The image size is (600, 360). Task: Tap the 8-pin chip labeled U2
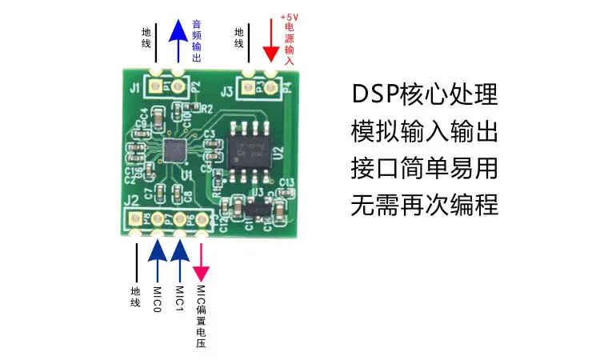pyautogui.click(x=248, y=146)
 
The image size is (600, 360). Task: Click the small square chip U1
pyautogui.click(x=174, y=150)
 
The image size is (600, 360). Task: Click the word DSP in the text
pyautogui.click(x=378, y=94)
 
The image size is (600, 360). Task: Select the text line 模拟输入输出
pyautogui.click(x=425, y=131)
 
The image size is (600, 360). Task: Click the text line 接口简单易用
pyautogui.click(x=425, y=169)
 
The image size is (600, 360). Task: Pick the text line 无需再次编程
pyautogui.click(x=425, y=206)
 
